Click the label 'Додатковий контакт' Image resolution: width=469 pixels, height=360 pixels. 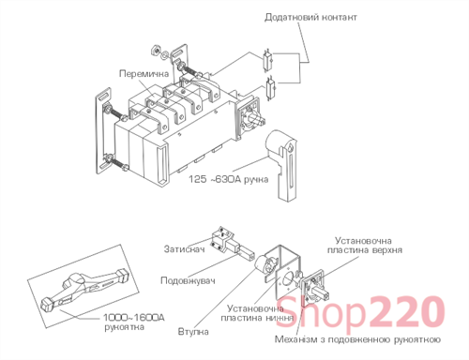coord(310,17)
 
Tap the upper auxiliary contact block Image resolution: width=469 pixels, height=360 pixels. coord(267,59)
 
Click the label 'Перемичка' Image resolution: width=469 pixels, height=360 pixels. coord(144,74)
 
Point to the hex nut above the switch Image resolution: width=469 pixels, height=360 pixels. coord(156,50)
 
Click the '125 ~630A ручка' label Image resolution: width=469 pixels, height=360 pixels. coord(228,179)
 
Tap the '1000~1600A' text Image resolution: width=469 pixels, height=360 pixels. coord(134,318)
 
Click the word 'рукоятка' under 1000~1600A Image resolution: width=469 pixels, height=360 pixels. coord(124,327)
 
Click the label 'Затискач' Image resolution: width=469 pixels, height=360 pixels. coord(185,249)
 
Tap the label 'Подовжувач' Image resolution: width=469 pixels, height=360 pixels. coord(188,280)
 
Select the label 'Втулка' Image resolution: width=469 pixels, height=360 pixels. coord(193,331)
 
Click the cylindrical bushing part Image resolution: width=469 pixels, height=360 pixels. coord(265,266)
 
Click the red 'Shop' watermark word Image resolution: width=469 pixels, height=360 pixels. coord(322,312)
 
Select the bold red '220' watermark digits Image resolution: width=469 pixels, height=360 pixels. coord(406,311)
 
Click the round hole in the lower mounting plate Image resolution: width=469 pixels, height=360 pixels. coord(288,279)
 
